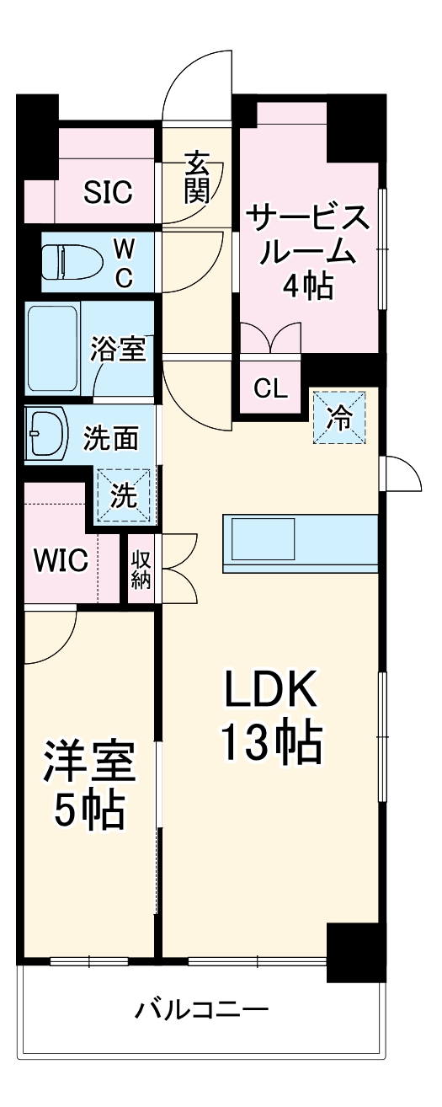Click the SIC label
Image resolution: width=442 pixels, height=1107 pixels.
(108, 193)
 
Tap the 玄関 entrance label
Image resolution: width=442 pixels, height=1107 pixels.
(196, 178)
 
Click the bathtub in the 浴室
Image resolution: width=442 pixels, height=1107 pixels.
(53, 348)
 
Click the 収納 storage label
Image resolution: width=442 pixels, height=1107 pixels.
(140, 570)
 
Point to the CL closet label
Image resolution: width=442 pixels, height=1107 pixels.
(271, 389)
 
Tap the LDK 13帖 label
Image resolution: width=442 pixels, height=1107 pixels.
(271, 716)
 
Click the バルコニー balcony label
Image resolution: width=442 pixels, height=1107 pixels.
(202, 1009)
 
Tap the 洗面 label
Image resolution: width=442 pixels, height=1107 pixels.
(111, 438)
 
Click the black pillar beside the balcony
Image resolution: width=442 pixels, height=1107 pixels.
(356, 952)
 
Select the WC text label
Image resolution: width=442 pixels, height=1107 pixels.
(123, 263)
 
